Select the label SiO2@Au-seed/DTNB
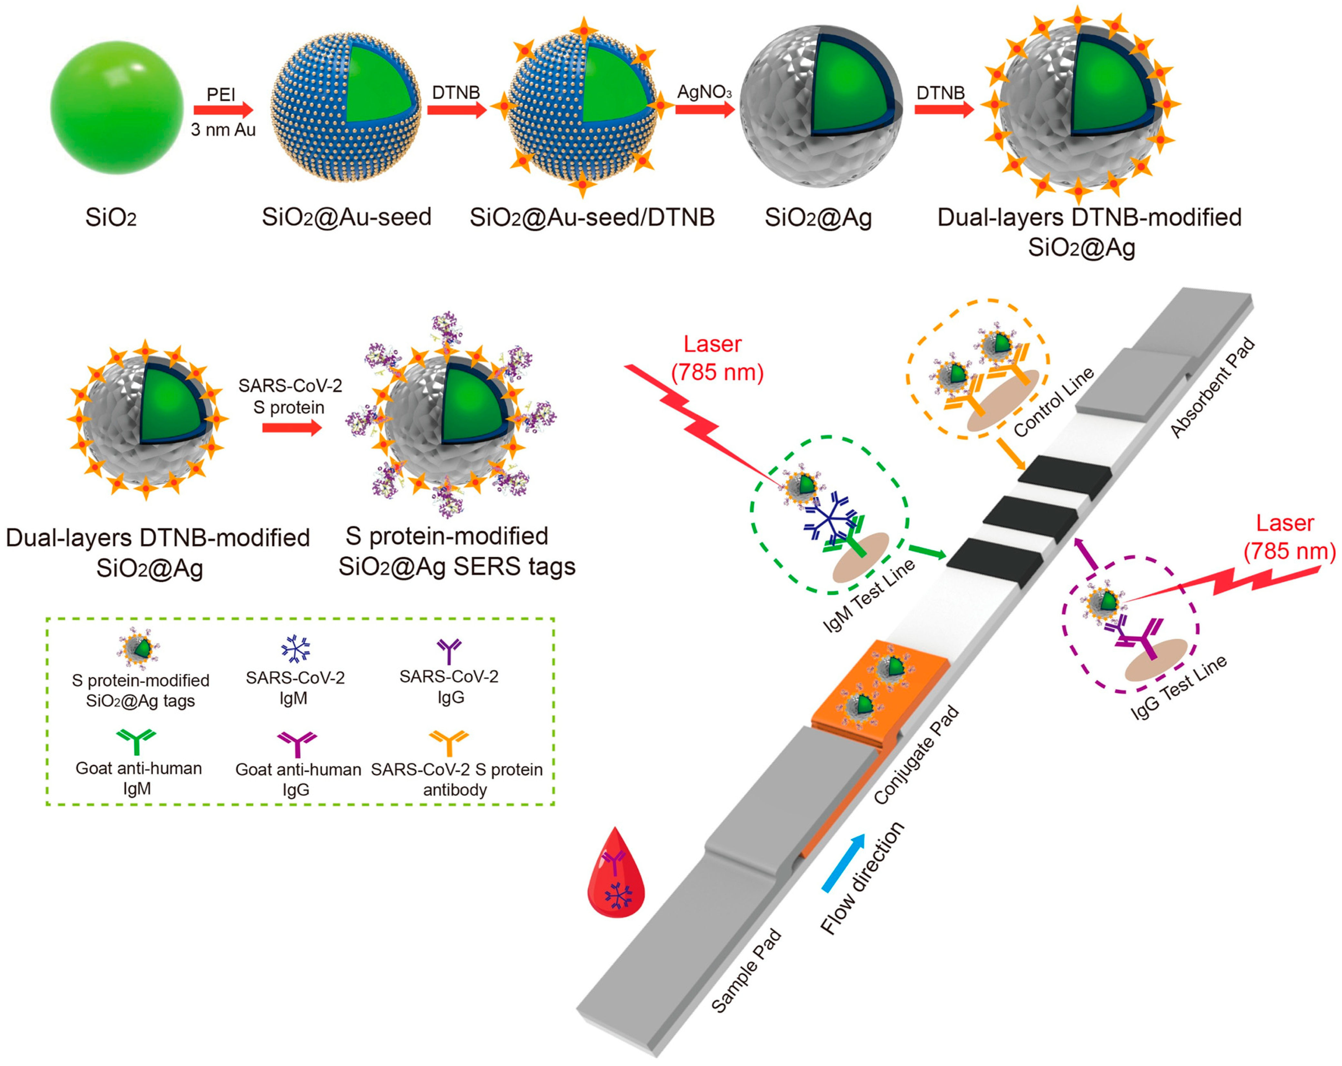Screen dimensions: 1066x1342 coord(591,218)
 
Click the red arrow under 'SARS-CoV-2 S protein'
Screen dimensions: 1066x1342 coord(291,428)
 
